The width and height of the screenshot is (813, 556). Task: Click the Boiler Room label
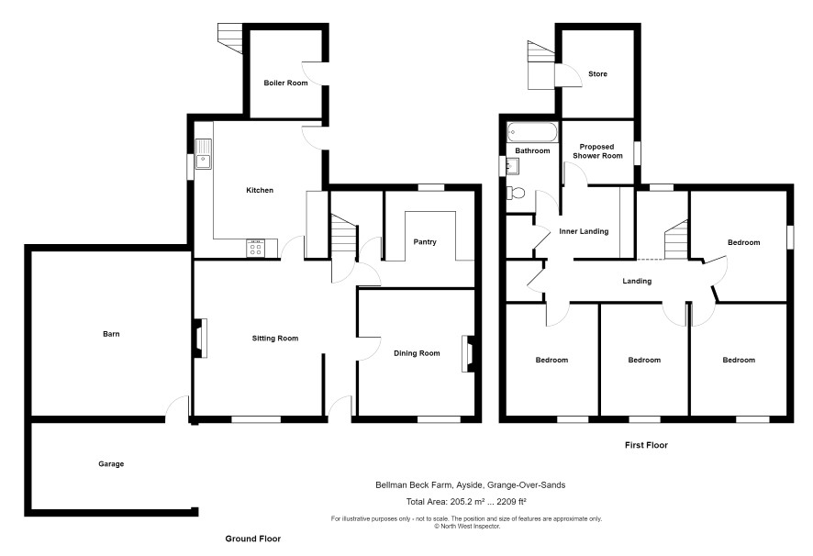285,83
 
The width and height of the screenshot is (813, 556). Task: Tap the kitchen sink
204,154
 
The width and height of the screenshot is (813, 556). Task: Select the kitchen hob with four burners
255,248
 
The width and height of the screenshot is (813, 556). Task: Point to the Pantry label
425,241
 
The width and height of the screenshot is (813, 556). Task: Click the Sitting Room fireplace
200,339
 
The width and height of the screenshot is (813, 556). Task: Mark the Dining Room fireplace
468,354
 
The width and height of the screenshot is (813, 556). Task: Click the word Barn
111,334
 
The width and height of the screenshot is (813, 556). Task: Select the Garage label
111,463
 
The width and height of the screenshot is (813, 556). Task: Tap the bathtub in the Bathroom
532,132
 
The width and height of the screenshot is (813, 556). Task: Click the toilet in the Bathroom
516,193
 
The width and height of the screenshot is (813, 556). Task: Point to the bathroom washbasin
512,166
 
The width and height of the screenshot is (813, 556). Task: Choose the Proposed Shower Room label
597,151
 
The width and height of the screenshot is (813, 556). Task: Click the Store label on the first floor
597,74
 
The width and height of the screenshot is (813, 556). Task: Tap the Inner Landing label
584,231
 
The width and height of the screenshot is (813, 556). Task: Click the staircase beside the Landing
676,239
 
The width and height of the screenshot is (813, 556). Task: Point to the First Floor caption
646,445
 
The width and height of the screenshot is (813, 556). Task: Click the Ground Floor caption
253,539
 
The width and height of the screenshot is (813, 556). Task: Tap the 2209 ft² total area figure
512,502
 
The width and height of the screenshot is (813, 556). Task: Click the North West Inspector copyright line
467,526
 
